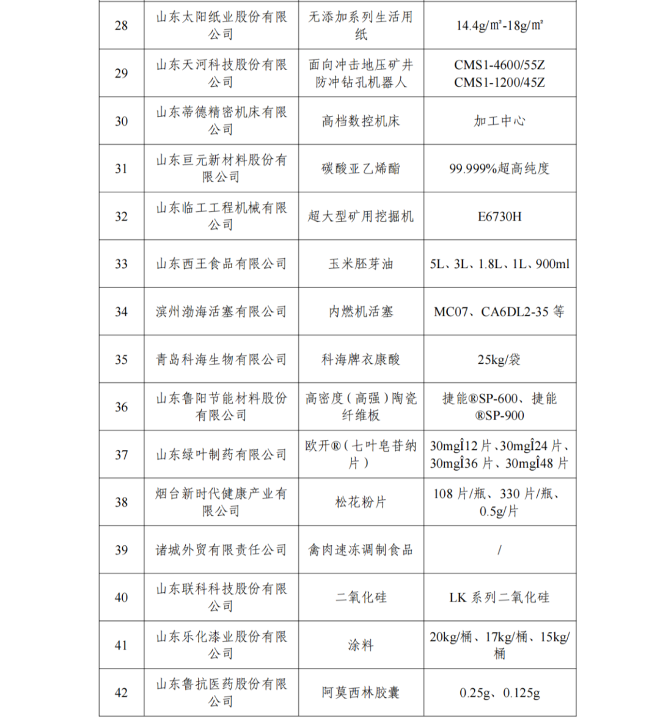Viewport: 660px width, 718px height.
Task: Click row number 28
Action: click(122, 26)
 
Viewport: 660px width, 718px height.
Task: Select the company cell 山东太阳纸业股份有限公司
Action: click(221, 26)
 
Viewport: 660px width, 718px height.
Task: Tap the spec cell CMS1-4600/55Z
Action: click(499, 65)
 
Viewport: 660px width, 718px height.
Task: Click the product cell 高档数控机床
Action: click(361, 121)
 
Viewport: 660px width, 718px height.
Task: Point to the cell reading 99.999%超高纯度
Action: click(499, 169)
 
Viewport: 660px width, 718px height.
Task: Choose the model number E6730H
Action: click(499, 216)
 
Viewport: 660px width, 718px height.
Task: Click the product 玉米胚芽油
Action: click(361, 264)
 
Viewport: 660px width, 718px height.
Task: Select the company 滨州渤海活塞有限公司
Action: click(221, 311)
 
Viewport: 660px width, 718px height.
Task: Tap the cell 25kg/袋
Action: click(499, 359)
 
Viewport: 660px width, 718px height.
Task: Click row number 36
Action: click(122, 407)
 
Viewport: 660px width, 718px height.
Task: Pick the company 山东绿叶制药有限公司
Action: click(221, 454)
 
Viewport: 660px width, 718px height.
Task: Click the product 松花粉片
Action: click(361, 502)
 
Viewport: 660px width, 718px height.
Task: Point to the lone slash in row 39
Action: click(499, 549)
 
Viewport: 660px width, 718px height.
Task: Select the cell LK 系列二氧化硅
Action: click(499, 597)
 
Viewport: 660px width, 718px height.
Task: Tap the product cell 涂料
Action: click(361, 645)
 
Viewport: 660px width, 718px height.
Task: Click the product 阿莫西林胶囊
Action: click(361, 692)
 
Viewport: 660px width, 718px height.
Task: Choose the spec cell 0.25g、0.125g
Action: click(499, 692)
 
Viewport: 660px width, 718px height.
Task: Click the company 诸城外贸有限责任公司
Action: click(221, 549)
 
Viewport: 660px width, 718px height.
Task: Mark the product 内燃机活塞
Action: click(361, 311)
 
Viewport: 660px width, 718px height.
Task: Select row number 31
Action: click(122, 169)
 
